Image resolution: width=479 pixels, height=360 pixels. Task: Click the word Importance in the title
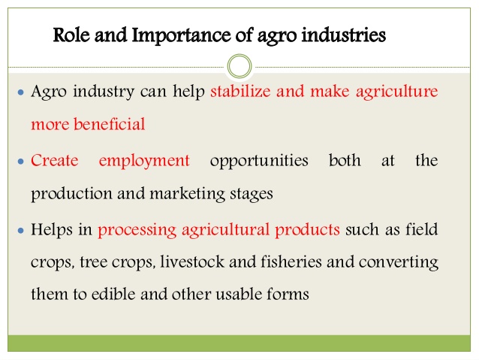168,35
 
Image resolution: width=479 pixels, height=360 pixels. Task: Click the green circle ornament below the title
239,66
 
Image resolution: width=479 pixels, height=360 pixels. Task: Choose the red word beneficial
110,125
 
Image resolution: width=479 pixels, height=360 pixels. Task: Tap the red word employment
144,161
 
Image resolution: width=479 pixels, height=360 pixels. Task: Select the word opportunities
259,161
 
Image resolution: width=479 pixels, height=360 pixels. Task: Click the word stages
250,193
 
